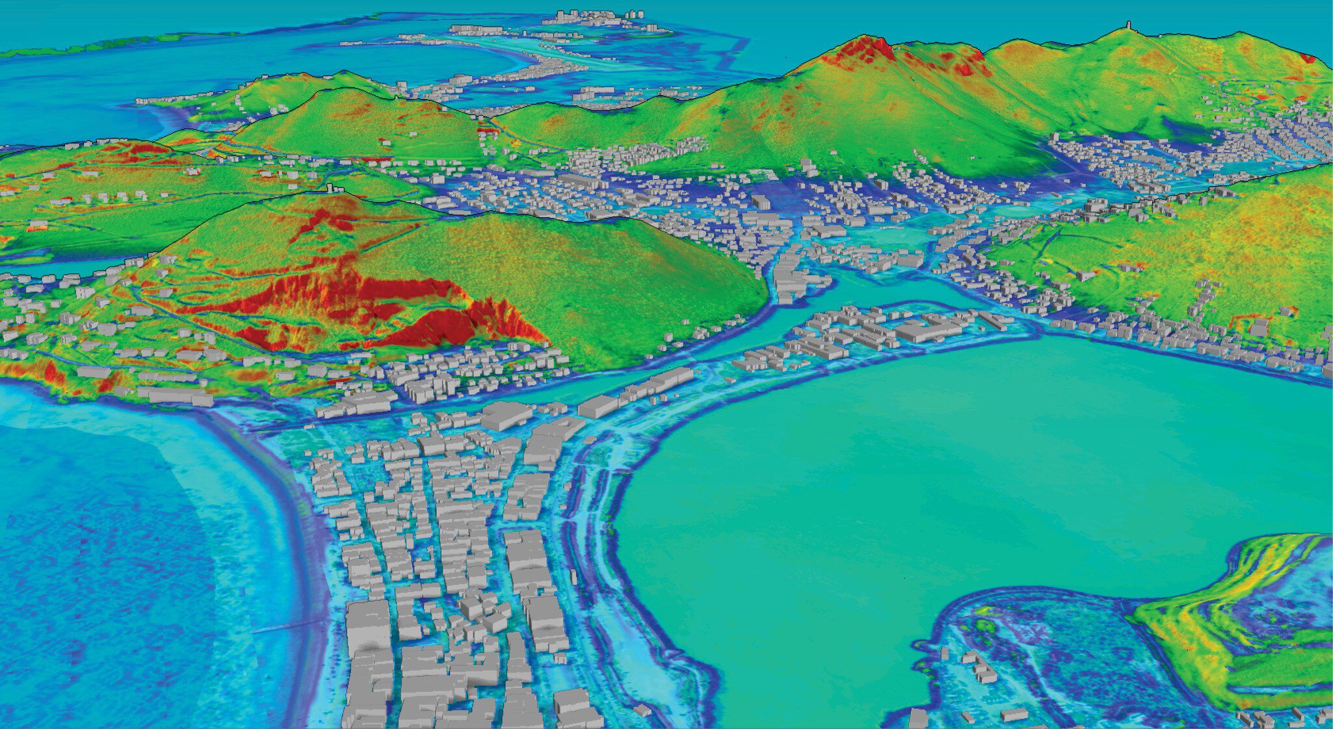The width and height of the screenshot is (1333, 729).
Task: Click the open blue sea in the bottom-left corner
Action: [x=98, y=585]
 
